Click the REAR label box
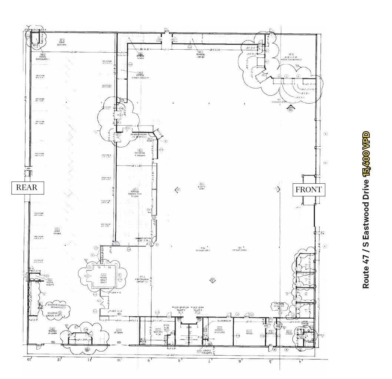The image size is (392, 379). pyautogui.click(x=27, y=187)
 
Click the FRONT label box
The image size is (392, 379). pyautogui.click(x=308, y=190)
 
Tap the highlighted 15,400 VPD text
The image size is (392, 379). pyautogui.click(x=366, y=153)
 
